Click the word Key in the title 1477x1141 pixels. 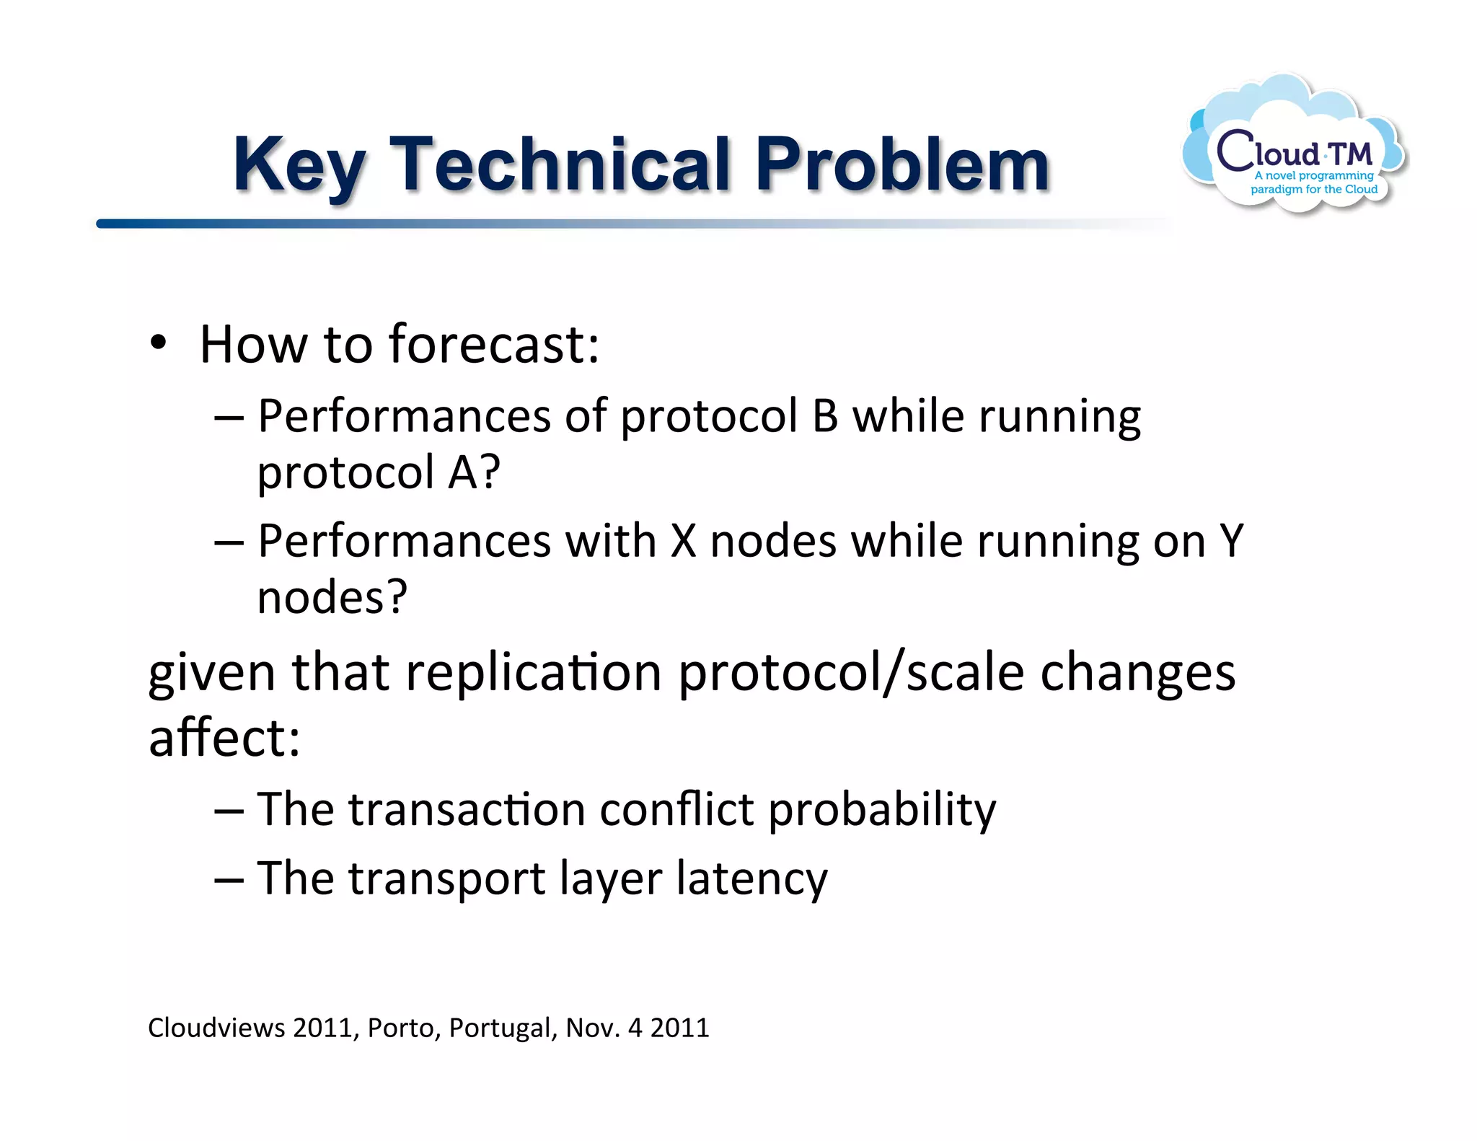[x=298, y=166]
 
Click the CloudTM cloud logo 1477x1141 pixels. [x=1294, y=146]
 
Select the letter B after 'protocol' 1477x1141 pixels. [x=824, y=416]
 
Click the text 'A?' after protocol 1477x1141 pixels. [x=473, y=472]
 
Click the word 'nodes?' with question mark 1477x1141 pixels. [x=332, y=597]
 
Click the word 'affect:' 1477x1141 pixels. [x=224, y=739]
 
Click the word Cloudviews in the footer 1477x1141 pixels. [x=216, y=1027]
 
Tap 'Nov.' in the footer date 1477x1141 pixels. [x=593, y=1027]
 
